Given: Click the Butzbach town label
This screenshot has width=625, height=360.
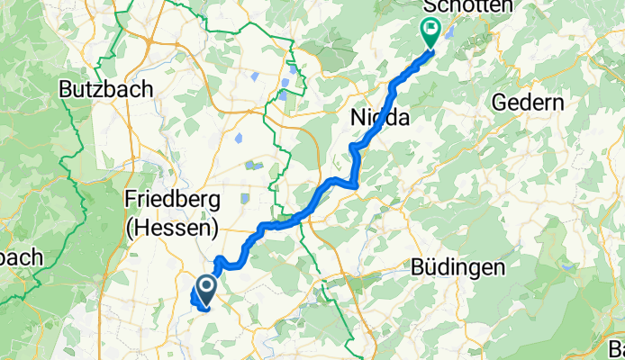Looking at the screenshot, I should tap(105, 89).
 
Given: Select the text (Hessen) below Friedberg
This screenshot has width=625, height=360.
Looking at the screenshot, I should tap(171, 229).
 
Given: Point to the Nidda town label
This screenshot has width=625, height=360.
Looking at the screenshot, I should tap(379, 118).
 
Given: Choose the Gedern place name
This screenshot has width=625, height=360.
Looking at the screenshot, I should tap(528, 103).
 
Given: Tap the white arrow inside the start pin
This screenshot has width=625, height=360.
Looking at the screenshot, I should tap(204, 288).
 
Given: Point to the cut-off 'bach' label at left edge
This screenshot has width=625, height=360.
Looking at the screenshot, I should tap(20, 257).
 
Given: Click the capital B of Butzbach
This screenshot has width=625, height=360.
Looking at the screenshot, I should tap(66, 89).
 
